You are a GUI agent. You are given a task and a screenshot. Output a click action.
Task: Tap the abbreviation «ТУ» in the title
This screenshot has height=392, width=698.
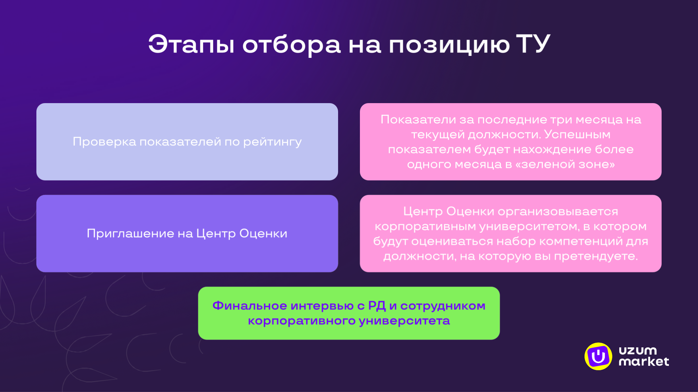(x=533, y=44)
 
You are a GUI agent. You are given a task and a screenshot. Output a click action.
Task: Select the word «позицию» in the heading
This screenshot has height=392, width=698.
(x=449, y=45)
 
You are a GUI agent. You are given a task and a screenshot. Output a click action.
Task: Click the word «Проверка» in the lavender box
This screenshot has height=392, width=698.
(x=104, y=142)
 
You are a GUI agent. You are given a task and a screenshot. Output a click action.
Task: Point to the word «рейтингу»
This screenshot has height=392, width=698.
(x=272, y=142)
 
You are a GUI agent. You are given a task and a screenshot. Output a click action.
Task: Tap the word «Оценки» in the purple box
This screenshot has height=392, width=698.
(x=263, y=234)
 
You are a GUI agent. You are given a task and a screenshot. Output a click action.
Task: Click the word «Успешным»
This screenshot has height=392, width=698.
(x=577, y=135)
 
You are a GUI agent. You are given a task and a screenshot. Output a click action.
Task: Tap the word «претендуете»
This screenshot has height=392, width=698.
(x=595, y=256)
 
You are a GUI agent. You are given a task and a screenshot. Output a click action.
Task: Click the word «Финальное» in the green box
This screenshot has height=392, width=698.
(x=249, y=306)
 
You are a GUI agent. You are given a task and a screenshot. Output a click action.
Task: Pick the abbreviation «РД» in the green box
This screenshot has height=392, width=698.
(x=377, y=306)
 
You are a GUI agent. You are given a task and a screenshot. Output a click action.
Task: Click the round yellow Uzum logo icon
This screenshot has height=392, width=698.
(x=598, y=356)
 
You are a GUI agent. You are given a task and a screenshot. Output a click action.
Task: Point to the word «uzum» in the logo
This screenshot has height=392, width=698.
(x=637, y=350)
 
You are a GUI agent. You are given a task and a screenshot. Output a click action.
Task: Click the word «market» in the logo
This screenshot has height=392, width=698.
(x=643, y=362)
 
